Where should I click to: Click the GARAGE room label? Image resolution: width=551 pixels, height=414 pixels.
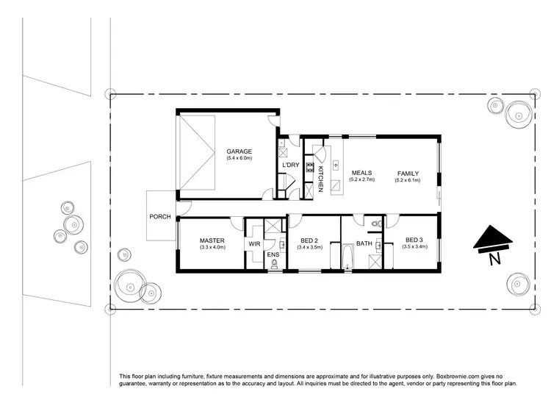pos(239,151)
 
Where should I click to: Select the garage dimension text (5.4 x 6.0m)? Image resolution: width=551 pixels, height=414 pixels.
pos(239,158)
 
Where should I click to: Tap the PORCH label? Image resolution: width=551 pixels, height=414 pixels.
pos(159,217)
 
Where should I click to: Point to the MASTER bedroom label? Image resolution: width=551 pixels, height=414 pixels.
pos(212,240)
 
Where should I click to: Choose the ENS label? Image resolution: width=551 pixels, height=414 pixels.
pos(273,254)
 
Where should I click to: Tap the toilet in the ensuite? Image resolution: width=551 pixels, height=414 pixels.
pos(274,265)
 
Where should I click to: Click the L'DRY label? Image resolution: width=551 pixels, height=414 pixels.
pos(290,165)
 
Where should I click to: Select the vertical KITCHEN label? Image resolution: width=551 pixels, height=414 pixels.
pos(320,179)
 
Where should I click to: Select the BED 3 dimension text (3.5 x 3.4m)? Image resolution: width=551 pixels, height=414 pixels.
pos(414,247)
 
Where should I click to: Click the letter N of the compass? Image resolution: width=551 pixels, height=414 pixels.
pos(494,259)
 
